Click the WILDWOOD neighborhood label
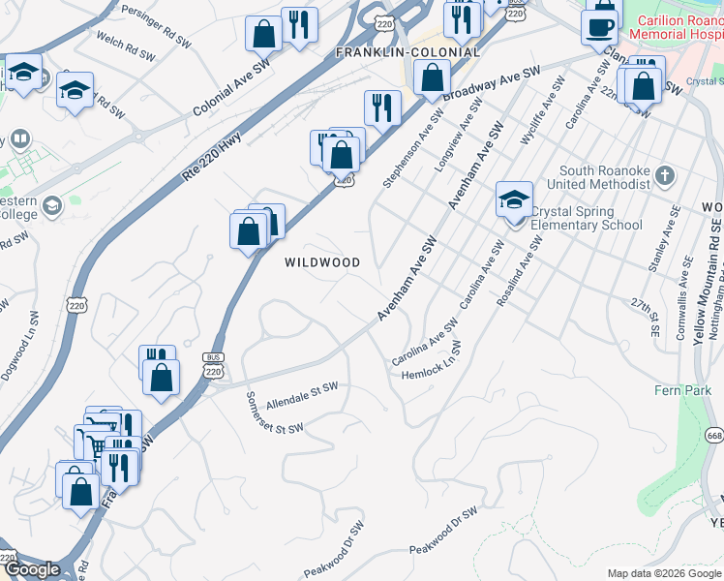[x=322, y=262]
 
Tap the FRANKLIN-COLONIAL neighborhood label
[x=407, y=52]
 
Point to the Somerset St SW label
[x=275, y=413]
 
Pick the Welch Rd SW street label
[x=126, y=46]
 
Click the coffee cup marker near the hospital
[x=600, y=26]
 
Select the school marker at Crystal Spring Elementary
[x=514, y=201]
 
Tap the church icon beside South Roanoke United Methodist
[x=663, y=175]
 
